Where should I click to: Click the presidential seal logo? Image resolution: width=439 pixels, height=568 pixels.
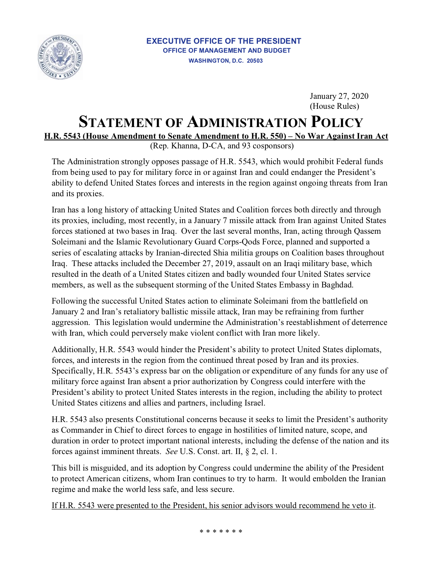coord(60,57)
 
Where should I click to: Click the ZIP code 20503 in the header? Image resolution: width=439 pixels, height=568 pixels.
coord(255,61)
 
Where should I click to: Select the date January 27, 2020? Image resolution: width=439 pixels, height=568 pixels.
coord(339,96)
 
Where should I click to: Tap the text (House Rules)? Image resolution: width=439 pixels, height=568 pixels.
coord(334,106)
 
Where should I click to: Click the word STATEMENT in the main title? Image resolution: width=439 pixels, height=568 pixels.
coord(120,122)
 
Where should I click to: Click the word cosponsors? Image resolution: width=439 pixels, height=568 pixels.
coord(273,146)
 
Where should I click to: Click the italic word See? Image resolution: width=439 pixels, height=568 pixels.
coord(171,451)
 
